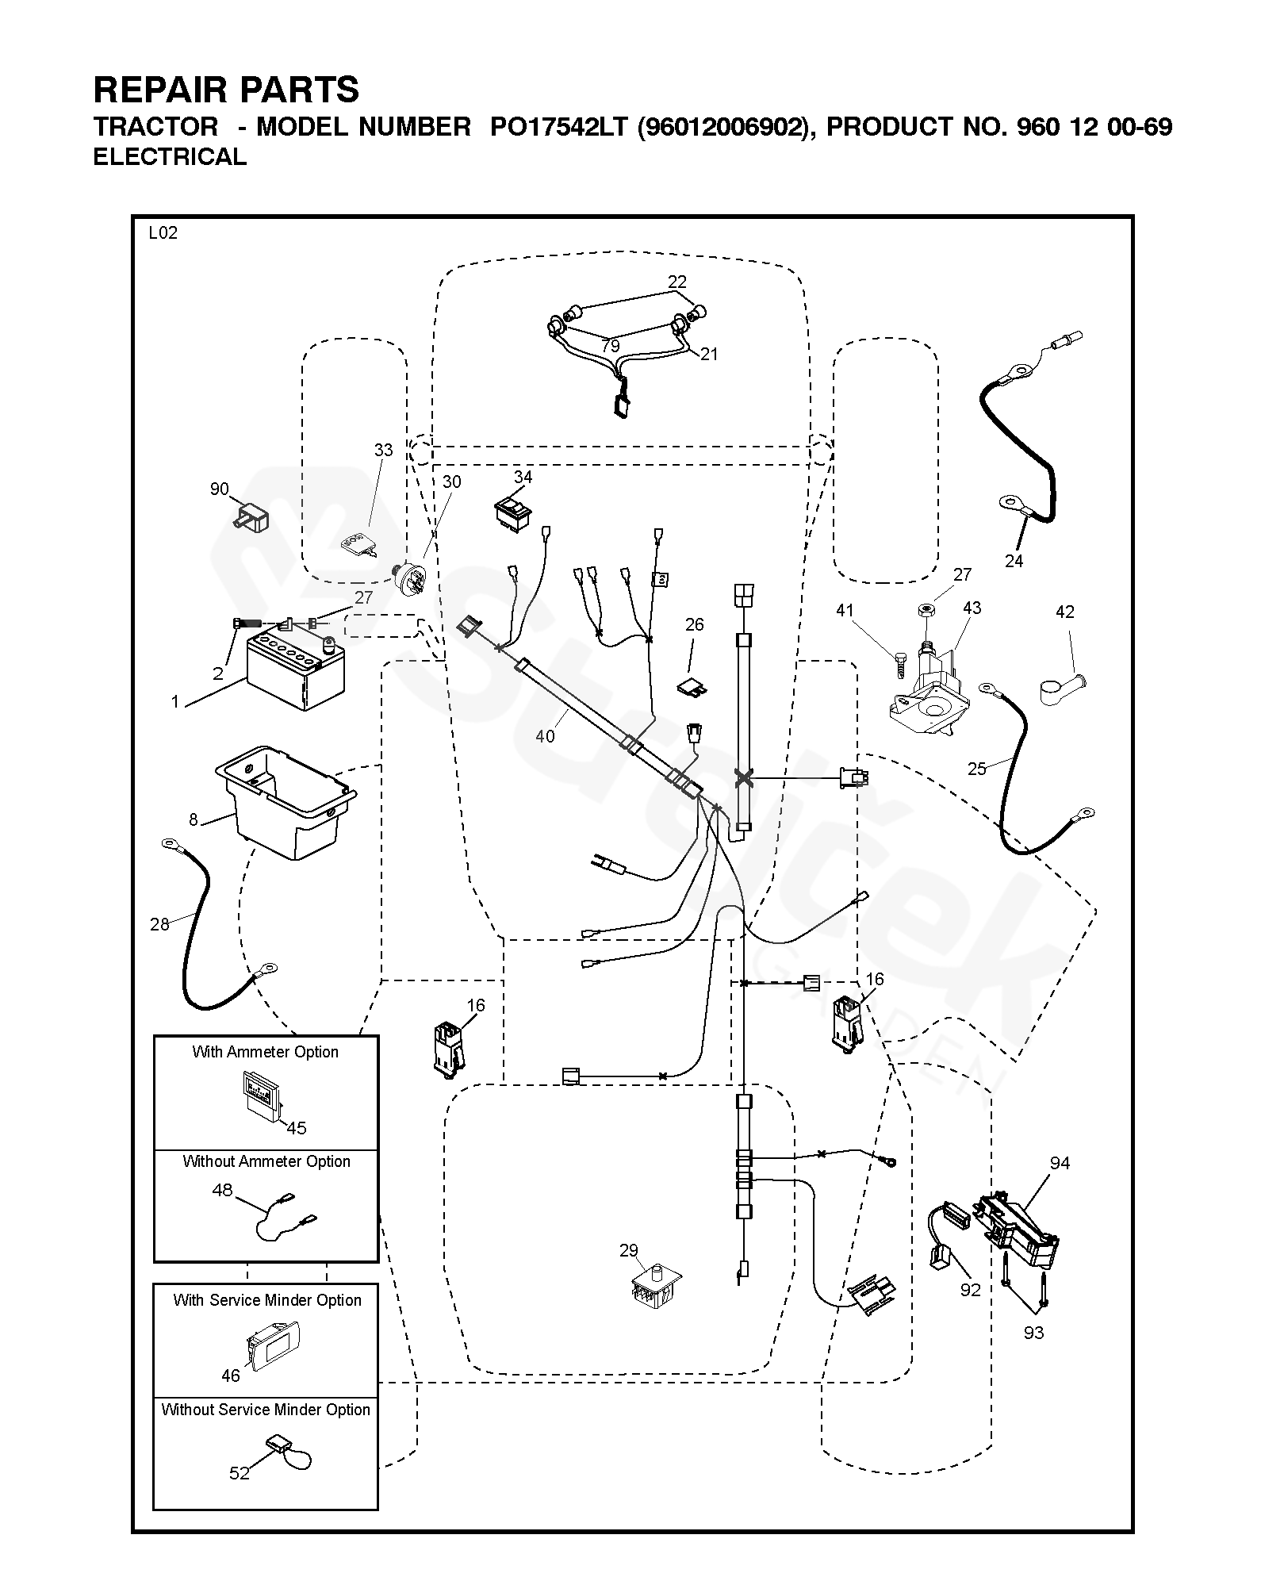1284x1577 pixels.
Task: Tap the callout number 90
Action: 219,489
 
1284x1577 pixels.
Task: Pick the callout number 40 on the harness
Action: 545,736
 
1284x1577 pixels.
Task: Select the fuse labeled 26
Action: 691,685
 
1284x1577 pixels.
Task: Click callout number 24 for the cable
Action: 1014,561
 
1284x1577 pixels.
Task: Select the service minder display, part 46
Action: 270,1344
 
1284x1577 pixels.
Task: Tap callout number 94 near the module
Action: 1060,1163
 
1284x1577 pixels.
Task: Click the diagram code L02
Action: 163,233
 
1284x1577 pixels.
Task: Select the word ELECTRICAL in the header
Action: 170,157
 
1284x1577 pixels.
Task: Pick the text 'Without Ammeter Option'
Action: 266,1161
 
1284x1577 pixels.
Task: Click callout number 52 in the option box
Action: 240,1473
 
